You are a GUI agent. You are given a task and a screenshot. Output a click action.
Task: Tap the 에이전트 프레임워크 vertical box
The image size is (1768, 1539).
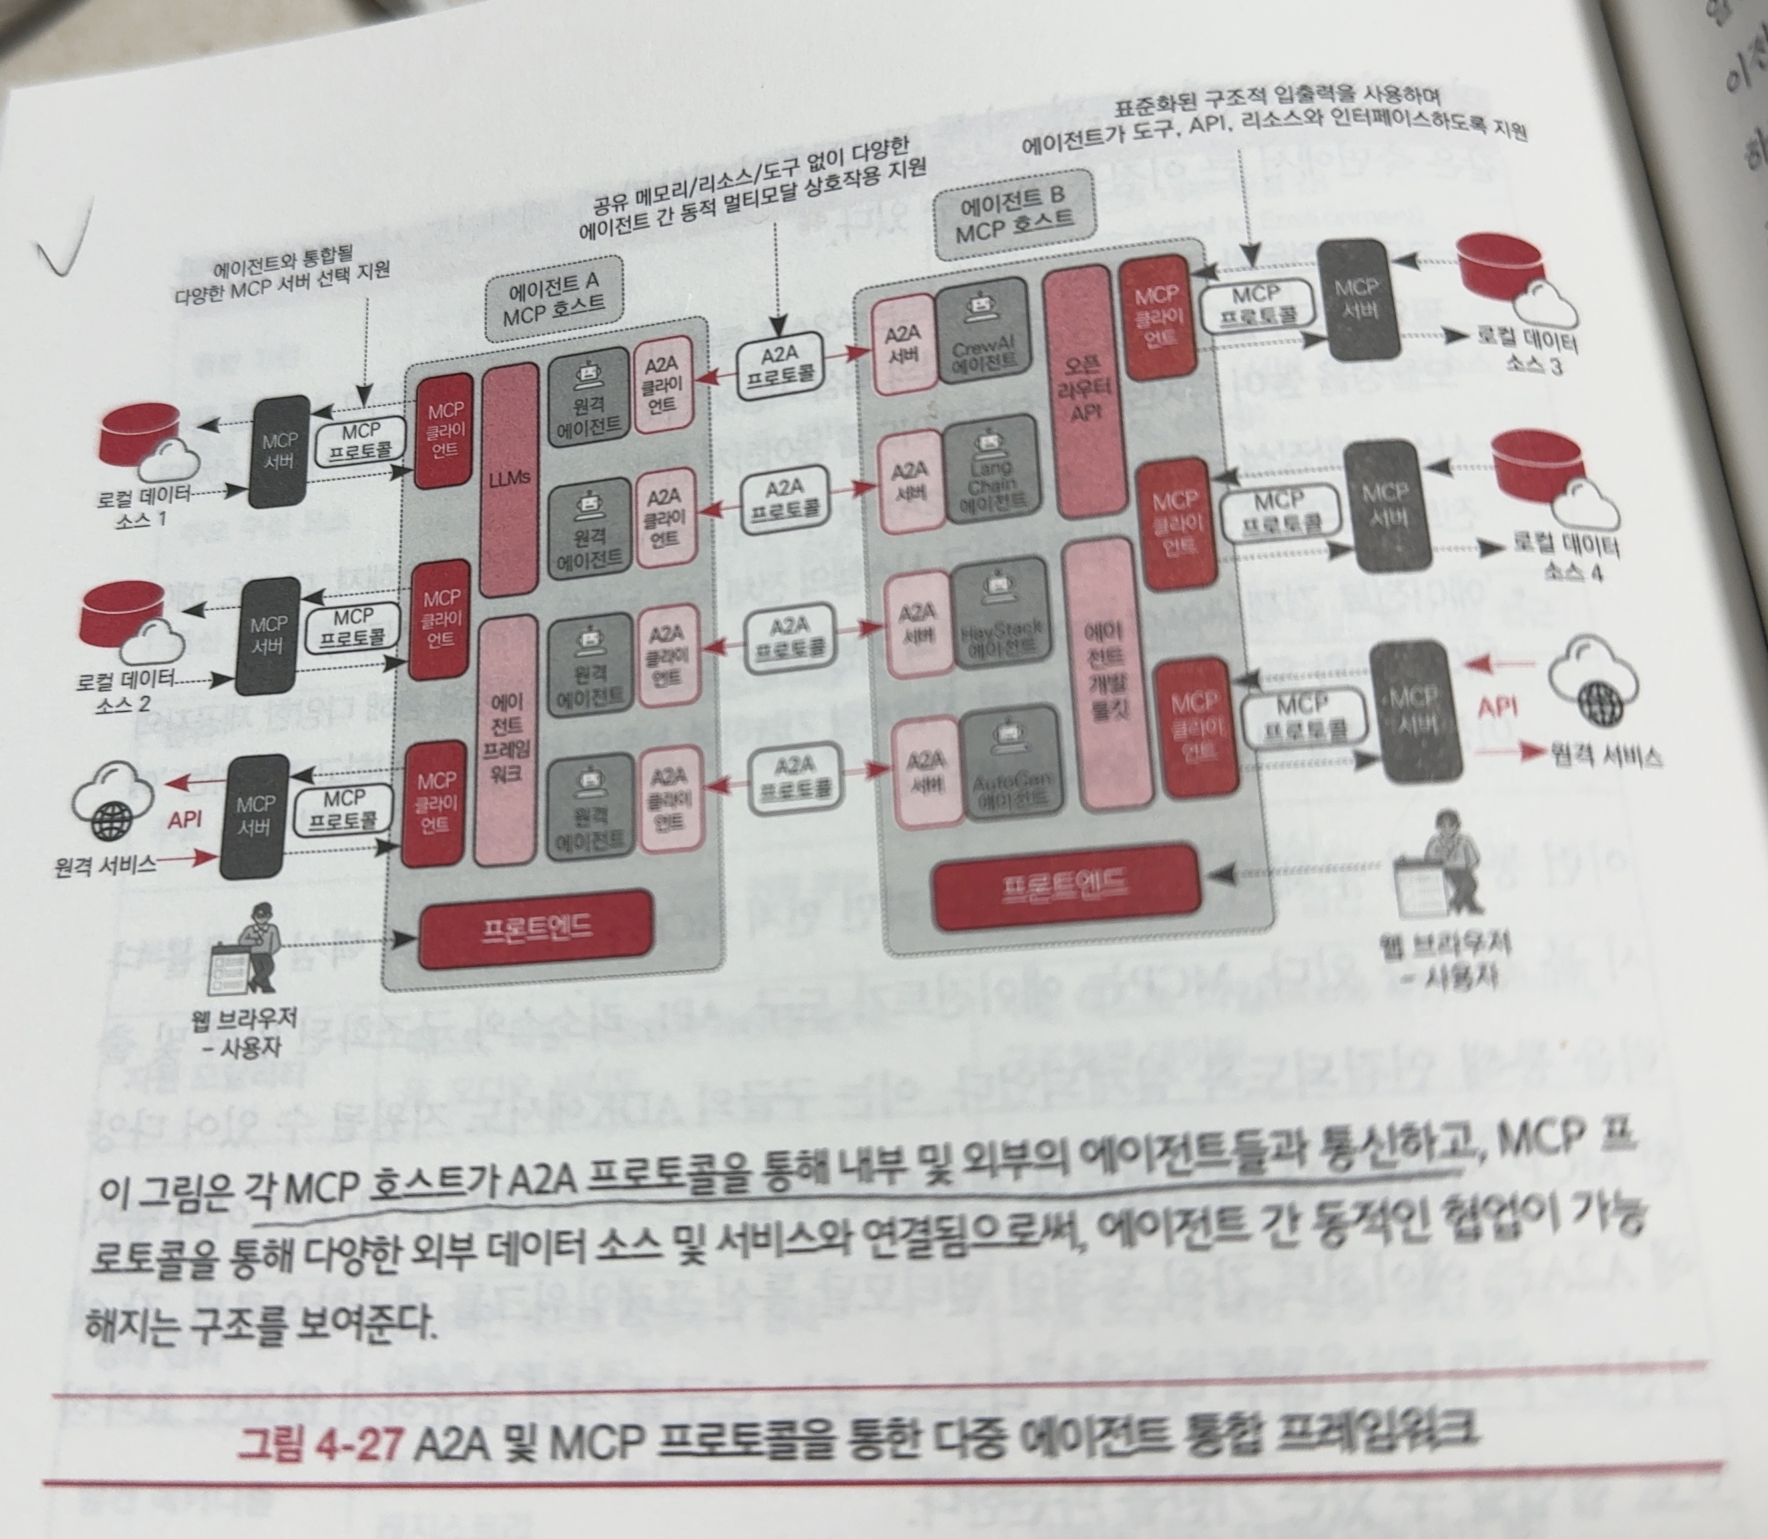point(506,739)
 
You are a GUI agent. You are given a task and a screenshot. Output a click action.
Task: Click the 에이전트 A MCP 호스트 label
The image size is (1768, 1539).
point(553,297)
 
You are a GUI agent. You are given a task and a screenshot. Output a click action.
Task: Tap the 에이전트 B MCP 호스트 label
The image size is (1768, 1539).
point(1013,220)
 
